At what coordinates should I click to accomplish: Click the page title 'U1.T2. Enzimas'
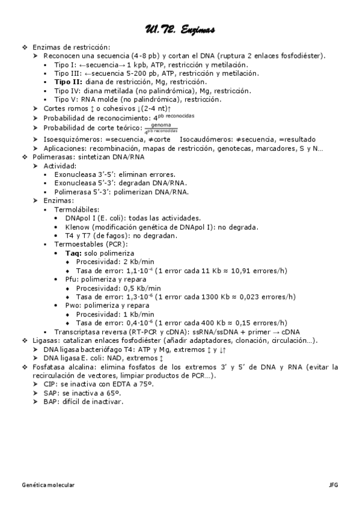(180, 29)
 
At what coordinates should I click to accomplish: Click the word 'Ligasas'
(45, 340)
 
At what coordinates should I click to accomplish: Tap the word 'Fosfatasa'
(49, 366)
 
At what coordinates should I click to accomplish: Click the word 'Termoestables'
(78, 244)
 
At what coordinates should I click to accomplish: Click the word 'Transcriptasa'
(78, 331)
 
